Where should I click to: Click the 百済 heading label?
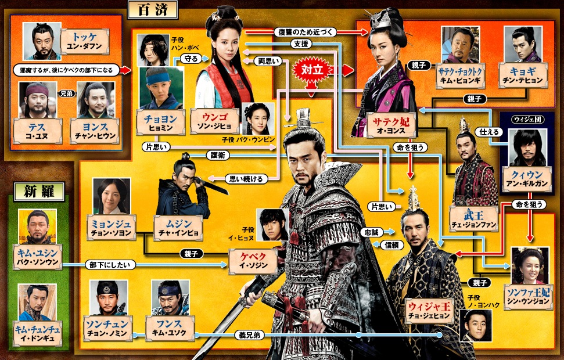pos(153,10)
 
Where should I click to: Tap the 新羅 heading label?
pos(39,192)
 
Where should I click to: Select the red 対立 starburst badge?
pos(312,70)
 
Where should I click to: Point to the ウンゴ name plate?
pos(214,122)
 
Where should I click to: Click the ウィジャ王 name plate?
pos(429,311)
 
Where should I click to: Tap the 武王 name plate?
pos(474,219)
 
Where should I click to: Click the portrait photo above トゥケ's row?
pos(42,41)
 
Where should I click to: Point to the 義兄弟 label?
pos(250,335)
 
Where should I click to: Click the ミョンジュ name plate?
pos(112,228)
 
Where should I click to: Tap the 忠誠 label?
pos(372,232)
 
